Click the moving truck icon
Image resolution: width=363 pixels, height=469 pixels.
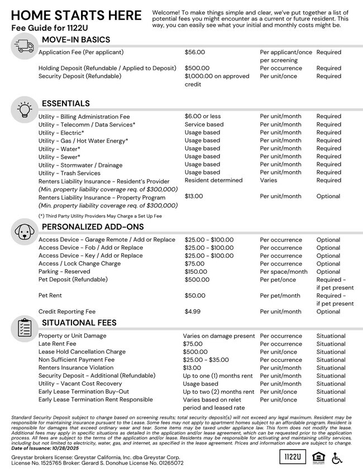23,46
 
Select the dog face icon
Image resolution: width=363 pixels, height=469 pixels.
23,231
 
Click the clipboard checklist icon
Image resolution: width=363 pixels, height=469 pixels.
23,328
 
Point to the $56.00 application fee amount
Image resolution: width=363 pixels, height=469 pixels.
195,52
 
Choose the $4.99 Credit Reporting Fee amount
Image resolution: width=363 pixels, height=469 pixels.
193,312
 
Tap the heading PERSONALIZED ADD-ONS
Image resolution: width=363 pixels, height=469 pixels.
93,227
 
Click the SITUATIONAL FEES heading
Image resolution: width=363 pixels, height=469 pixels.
79,323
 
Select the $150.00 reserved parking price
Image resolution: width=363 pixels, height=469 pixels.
196,272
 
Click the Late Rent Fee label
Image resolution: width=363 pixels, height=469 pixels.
58,344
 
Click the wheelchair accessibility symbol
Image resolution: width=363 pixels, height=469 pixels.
337,457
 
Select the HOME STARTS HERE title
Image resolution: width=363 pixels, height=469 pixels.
77,15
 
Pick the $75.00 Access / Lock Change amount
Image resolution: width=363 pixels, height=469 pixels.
194,264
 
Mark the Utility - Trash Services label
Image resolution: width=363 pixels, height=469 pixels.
69,173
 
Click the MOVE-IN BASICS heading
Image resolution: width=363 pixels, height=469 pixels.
76,40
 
